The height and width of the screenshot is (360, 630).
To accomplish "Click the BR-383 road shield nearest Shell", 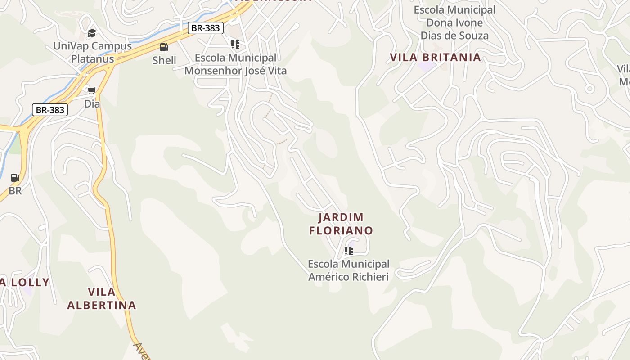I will (x=205, y=28).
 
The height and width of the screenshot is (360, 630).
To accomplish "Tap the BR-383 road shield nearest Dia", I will (x=50, y=110).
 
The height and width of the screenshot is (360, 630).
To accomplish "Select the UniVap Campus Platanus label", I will (x=92, y=52).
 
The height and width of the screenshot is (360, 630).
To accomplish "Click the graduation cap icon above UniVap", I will (x=92, y=33).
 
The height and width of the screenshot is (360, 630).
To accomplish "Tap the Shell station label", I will (x=164, y=60).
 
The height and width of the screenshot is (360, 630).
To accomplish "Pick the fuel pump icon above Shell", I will (x=164, y=47).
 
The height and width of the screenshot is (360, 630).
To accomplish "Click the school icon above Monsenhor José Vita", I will (x=235, y=45).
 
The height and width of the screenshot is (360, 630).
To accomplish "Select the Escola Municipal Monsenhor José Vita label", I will (x=235, y=64).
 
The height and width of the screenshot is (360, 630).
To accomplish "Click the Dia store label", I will (x=92, y=104).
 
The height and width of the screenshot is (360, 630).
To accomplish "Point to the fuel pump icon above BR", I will (x=15, y=178).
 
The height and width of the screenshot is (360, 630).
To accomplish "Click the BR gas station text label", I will (x=15, y=191).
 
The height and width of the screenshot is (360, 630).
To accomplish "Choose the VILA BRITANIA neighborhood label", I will (x=435, y=58).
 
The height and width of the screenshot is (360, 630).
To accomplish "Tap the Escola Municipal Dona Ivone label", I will (x=454, y=22).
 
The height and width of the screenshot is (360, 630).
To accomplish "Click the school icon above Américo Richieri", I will (x=348, y=251).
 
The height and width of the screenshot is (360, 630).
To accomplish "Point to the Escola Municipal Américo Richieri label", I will (x=348, y=270).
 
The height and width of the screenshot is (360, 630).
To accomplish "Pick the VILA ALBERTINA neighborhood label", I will (x=102, y=298).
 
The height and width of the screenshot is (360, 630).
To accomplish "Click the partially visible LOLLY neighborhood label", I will (x=25, y=283).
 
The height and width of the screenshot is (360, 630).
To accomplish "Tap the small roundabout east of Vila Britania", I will (x=589, y=89).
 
